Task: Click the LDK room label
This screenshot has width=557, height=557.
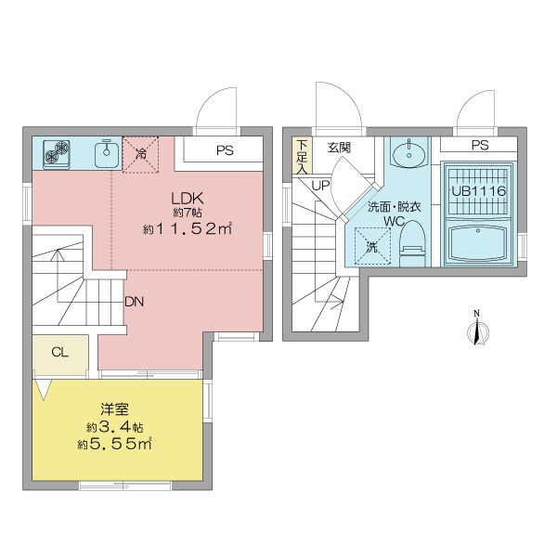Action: [x=188, y=198]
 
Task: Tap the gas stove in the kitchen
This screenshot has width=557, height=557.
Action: [x=56, y=154]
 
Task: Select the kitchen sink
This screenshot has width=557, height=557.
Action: [x=106, y=153]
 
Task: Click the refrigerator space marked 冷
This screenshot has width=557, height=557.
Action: [x=141, y=154]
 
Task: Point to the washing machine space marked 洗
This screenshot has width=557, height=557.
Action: [x=372, y=246]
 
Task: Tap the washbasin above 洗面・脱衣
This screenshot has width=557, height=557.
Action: [x=409, y=152]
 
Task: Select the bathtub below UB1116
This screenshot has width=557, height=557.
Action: [x=478, y=242]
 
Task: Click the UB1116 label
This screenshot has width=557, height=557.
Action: [x=478, y=191]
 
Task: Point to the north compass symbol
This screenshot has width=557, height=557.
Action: [x=477, y=329]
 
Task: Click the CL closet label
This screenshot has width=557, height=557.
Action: [x=59, y=352]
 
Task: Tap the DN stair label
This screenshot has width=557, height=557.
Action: [x=135, y=302]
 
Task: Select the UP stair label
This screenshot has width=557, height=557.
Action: [x=320, y=185]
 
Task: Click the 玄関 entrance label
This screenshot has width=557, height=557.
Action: [x=339, y=148]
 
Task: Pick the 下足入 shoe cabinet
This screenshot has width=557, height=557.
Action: [x=302, y=156]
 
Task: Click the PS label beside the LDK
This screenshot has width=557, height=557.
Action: [x=225, y=150]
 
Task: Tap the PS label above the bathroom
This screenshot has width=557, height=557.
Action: [x=480, y=145]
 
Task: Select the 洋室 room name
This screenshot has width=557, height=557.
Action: [x=114, y=409]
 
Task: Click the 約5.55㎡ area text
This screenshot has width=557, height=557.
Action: [x=114, y=444]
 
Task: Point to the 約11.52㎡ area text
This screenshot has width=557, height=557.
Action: [x=188, y=229]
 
